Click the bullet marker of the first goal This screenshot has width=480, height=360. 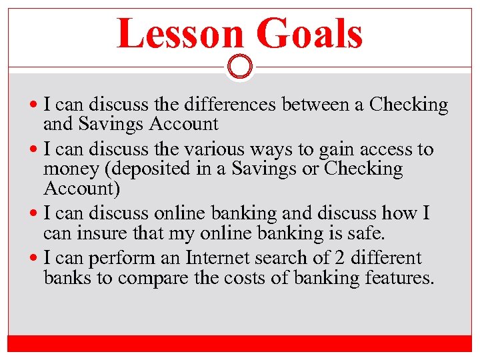pyautogui.click(x=35, y=105)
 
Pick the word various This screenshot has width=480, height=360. pyautogui.click(x=221, y=149)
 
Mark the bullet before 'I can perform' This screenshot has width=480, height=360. pyautogui.click(x=35, y=258)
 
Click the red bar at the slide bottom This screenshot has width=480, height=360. pyautogui.click(x=239, y=343)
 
